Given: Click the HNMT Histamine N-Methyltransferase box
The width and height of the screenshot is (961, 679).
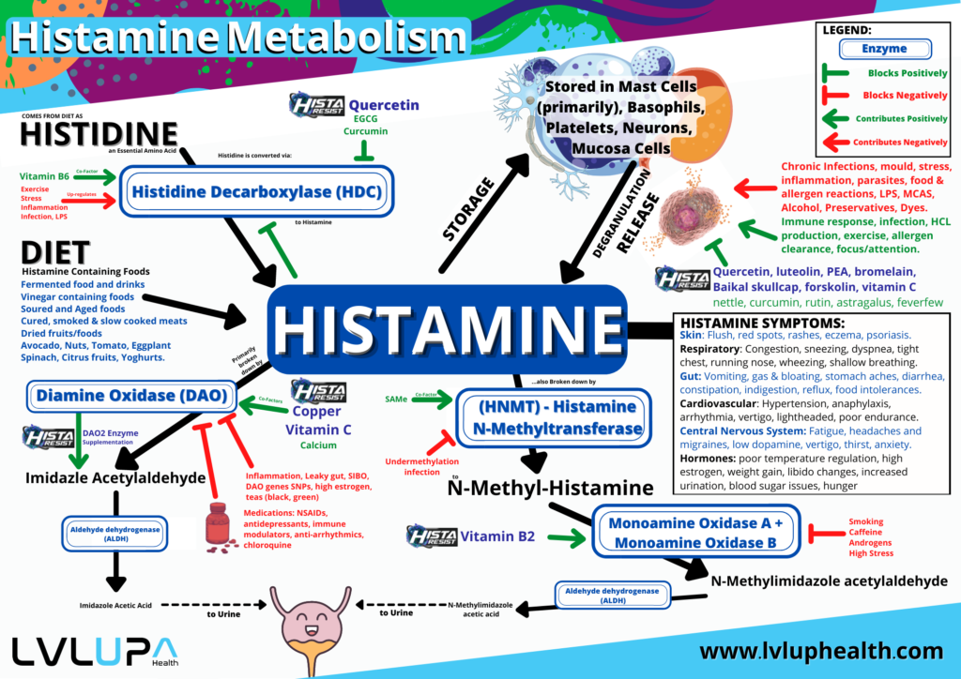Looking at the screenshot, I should (x=550, y=418).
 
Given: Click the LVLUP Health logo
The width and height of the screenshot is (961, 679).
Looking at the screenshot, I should (x=92, y=650).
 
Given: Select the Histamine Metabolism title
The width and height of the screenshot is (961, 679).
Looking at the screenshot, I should (x=238, y=38).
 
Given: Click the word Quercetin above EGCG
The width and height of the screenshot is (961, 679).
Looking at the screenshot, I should (x=383, y=105).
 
